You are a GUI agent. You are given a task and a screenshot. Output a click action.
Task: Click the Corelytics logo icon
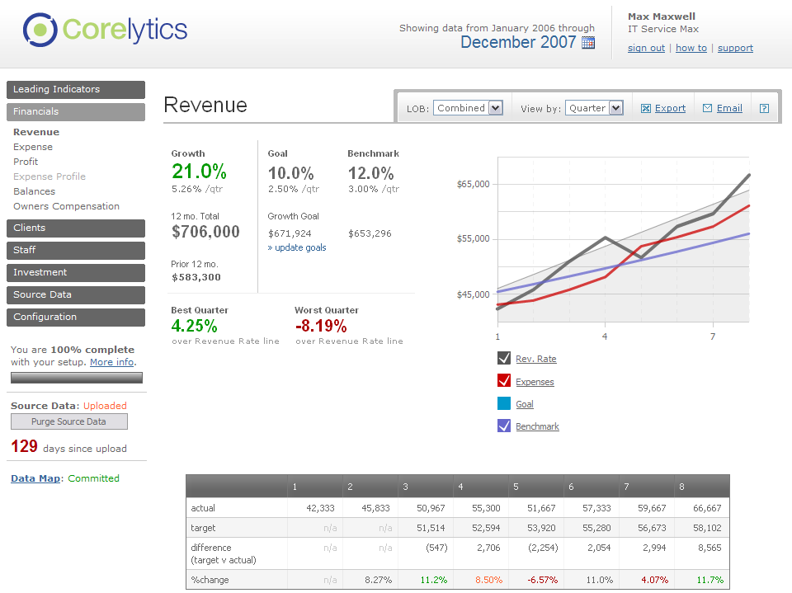point(39,30)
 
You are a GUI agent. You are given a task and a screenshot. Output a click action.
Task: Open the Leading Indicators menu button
point(76,89)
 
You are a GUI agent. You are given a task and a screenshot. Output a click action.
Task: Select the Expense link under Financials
point(33,147)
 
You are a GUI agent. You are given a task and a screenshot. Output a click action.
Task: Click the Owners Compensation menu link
point(66,206)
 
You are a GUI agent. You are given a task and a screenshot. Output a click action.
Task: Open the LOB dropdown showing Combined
point(468,108)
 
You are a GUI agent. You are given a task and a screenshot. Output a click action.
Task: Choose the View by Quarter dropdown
point(594,108)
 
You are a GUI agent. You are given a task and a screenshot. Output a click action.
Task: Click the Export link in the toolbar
point(670,108)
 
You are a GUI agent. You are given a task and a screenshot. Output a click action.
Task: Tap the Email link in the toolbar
point(728,108)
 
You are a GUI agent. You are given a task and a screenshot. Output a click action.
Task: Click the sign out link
point(646,48)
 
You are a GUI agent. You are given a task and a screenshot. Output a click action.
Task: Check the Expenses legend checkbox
point(504,381)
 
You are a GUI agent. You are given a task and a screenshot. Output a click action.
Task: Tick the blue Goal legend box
point(504,403)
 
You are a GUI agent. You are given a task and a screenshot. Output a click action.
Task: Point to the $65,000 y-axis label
point(474,184)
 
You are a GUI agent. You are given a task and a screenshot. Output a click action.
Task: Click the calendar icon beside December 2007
point(588,43)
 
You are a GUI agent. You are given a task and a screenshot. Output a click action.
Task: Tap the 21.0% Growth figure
point(199,172)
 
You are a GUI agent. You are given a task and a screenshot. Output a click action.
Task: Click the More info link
point(111,362)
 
